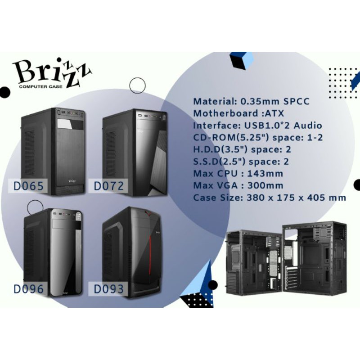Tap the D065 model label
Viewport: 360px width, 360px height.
coord(28,186)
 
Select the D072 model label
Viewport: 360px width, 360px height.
coord(109,186)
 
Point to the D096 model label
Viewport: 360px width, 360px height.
coord(28,289)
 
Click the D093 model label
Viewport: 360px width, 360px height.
coord(109,289)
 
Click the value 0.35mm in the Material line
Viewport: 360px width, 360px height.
coord(260,101)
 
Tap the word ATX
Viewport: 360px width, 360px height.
coord(274,113)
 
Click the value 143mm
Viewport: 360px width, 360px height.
coord(265,173)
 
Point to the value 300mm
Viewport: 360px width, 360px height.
coord(265,185)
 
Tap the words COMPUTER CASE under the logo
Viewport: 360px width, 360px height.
coord(40,86)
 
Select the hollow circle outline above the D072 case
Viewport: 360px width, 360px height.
coord(138,78)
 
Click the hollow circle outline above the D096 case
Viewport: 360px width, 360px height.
coord(35,200)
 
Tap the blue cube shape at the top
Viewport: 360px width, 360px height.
coord(242,60)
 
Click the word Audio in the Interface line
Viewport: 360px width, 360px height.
coord(308,126)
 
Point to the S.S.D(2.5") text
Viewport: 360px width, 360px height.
coord(220,162)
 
